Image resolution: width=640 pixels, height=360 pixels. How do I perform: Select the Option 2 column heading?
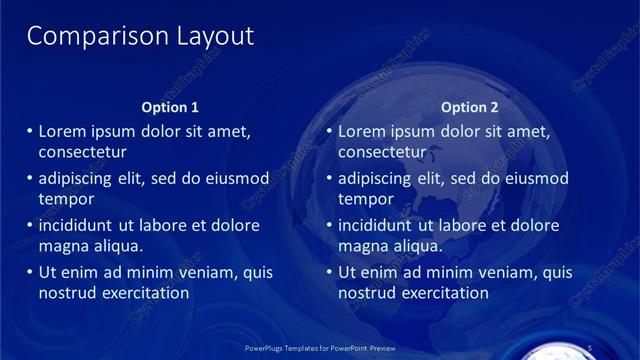[x=470, y=107]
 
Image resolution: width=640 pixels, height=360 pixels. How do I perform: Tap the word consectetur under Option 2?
[x=382, y=153]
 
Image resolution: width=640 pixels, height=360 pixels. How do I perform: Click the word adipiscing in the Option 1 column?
[x=78, y=179]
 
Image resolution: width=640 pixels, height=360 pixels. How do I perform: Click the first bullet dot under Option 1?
[x=28, y=132]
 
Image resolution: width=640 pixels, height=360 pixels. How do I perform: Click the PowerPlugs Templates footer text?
[x=320, y=349]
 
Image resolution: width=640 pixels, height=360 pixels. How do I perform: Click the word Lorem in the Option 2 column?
[x=362, y=132]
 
